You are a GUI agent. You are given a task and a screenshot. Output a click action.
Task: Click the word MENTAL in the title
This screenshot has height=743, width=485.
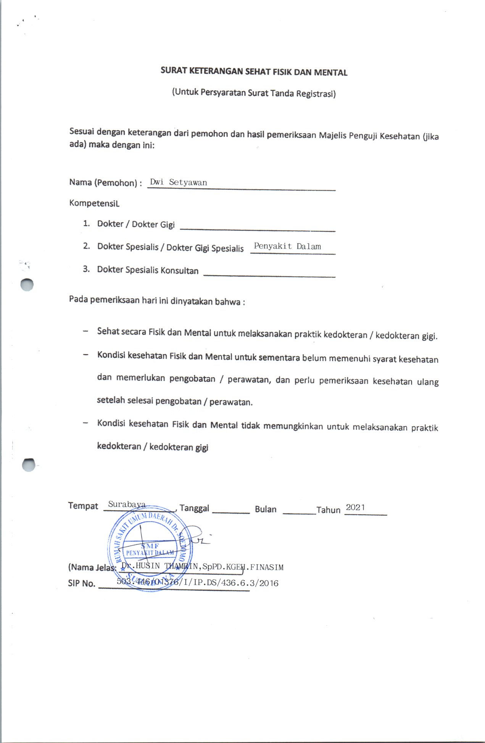(x=330, y=72)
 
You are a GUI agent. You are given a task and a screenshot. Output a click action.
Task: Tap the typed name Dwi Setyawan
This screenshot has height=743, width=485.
(x=178, y=182)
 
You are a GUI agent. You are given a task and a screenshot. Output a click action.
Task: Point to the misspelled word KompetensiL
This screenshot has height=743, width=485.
(x=94, y=203)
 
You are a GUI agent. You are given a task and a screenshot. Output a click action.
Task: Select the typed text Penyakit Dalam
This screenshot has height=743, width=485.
(x=287, y=246)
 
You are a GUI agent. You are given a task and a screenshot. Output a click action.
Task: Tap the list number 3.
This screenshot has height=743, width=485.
(x=86, y=269)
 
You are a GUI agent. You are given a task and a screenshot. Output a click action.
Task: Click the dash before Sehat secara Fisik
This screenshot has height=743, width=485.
(x=85, y=331)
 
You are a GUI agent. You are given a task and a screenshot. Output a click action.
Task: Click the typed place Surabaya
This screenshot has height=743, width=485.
(x=127, y=504)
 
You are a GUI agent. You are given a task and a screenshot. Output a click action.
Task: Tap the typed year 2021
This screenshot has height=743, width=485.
(x=355, y=507)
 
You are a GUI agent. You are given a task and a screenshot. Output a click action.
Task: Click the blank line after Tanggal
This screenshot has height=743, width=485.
(x=230, y=512)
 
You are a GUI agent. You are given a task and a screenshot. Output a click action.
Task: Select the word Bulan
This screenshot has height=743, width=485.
(x=266, y=509)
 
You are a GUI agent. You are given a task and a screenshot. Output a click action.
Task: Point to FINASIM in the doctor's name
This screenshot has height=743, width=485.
(x=267, y=567)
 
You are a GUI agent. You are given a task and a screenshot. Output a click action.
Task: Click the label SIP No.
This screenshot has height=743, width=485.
(x=81, y=583)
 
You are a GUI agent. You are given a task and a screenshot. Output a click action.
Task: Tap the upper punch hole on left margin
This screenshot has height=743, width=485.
(x=27, y=285)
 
